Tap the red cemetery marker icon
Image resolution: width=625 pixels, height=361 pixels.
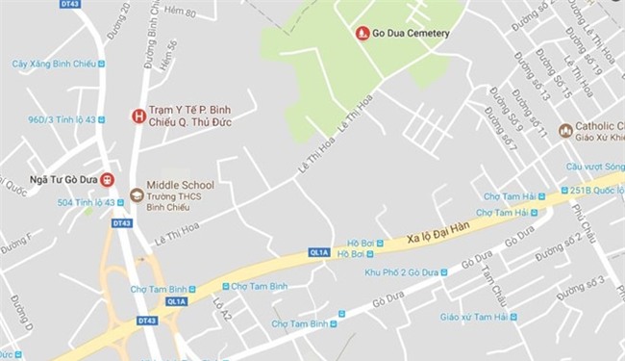(x=362, y=34)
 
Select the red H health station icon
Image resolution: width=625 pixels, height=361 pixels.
(x=137, y=116)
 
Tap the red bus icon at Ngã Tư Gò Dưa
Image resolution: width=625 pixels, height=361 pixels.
(x=107, y=179)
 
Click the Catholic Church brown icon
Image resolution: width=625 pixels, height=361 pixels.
(x=564, y=130)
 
